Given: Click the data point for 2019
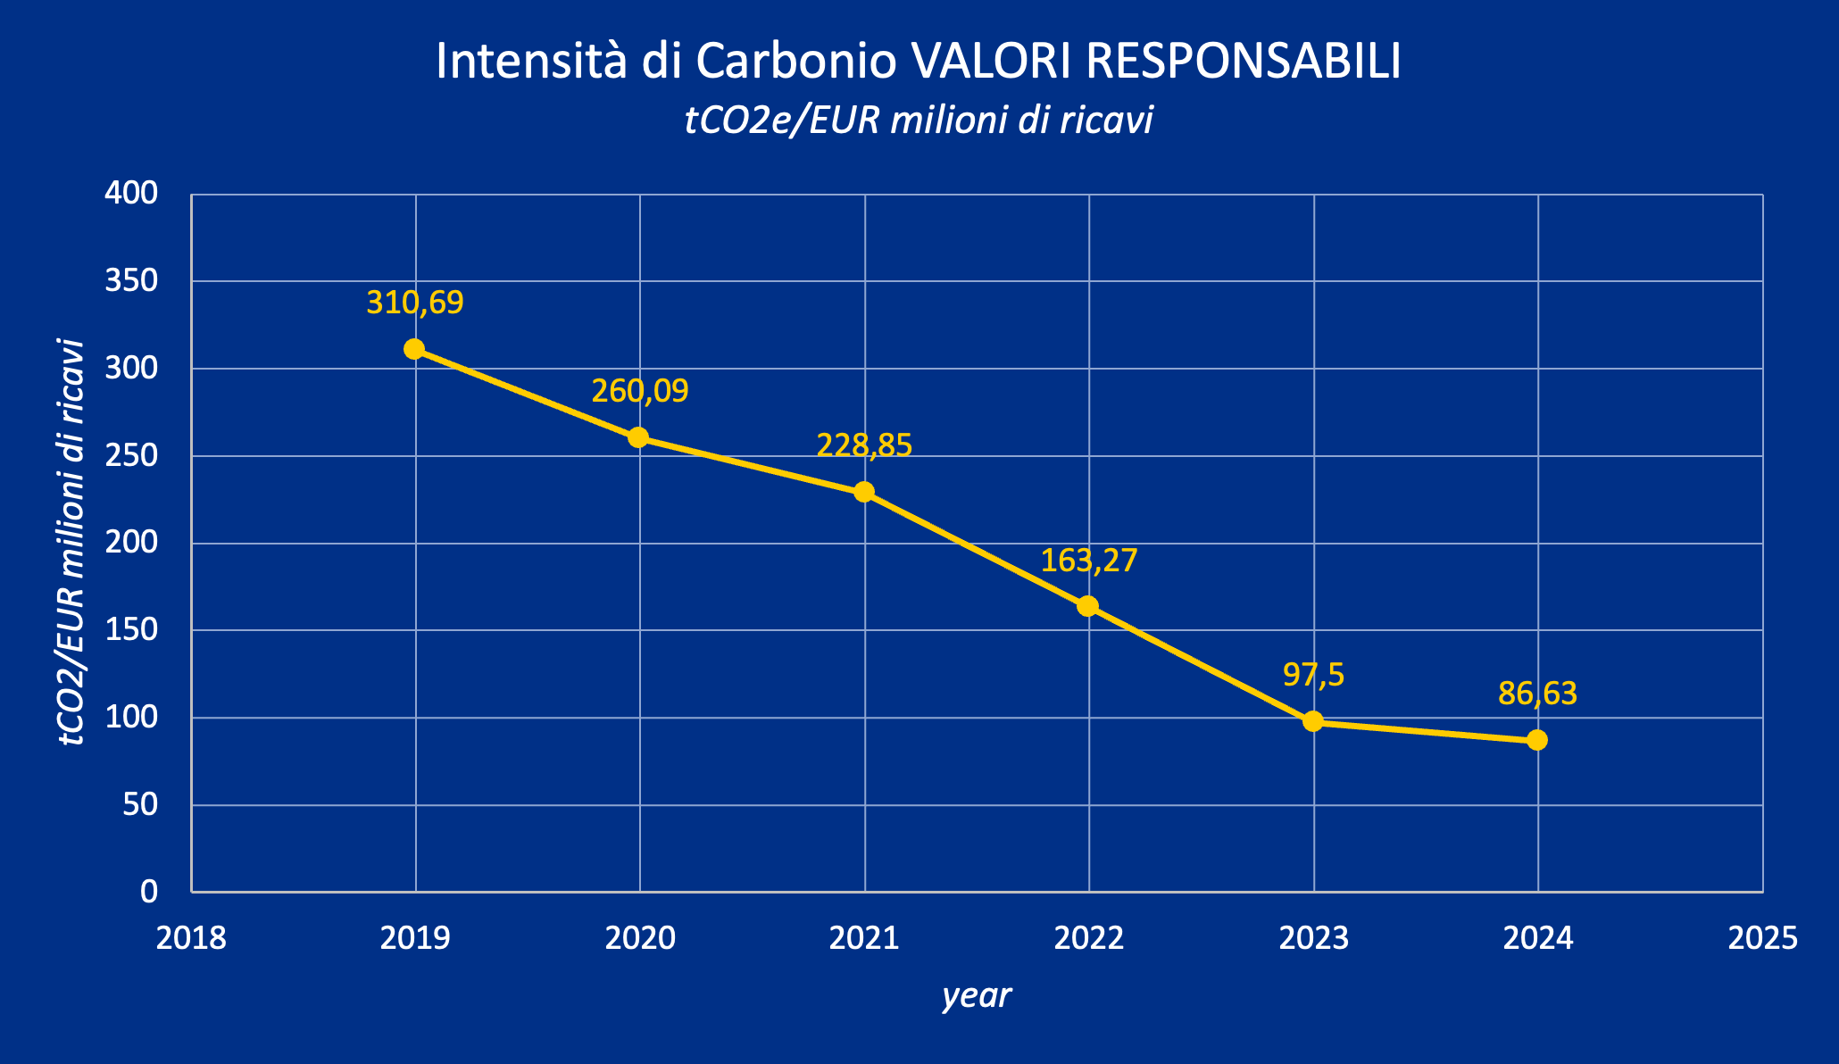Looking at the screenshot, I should (x=414, y=349).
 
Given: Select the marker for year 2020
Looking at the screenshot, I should (x=638, y=437).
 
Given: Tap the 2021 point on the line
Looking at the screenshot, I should (x=864, y=492).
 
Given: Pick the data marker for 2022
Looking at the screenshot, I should (x=1087, y=606).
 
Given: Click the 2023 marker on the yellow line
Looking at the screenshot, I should (x=1313, y=721).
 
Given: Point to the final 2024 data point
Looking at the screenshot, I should (x=1537, y=740).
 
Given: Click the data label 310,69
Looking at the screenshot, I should (x=415, y=303).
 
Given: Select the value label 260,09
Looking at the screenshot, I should (x=640, y=391).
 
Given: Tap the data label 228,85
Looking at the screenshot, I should (x=864, y=445).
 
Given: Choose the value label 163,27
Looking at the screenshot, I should (x=1089, y=561).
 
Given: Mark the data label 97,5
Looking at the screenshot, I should (x=1313, y=675).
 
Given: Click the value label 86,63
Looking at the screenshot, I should (x=1537, y=694).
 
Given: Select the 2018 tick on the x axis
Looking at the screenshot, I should (x=191, y=939).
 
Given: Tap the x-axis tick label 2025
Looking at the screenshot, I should (x=1762, y=939).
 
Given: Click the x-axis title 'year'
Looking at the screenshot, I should (x=977, y=996).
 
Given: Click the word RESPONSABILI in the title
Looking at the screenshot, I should (x=1244, y=62).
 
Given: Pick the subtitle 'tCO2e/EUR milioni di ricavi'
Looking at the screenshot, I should (x=919, y=121).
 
